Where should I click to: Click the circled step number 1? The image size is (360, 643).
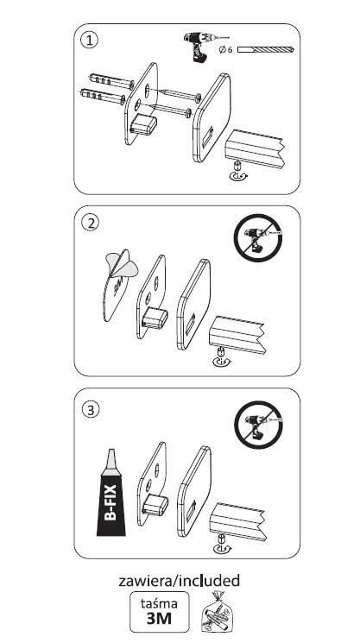(x=90, y=41)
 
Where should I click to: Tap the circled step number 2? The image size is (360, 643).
(x=90, y=223)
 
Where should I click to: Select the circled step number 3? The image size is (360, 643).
(x=90, y=410)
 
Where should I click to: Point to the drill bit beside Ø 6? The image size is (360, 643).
(x=266, y=49)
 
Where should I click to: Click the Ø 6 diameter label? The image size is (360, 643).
(x=226, y=49)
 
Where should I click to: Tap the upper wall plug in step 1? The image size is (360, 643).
(x=111, y=81)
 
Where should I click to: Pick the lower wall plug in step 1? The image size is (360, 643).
(x=103, y=97)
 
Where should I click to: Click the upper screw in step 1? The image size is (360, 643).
(x=180, y=95)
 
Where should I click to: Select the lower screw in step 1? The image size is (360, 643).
(x=170, y=110)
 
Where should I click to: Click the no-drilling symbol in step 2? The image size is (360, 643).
(x=258, y=238)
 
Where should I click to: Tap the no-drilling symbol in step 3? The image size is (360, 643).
(x=258, y=425)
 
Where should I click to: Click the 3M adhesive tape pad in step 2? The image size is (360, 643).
(x=118, y=286)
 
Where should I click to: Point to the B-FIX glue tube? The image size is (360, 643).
(x=111, y=493)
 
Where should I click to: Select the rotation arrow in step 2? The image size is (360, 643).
(x=221, y=362)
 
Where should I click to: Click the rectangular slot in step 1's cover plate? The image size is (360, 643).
(x=207, y=136)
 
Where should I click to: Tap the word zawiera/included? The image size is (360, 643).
(x=180, y=581)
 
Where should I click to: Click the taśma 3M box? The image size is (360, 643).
(x=160, y=611)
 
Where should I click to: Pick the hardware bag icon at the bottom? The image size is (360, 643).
(x=218, y=612)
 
